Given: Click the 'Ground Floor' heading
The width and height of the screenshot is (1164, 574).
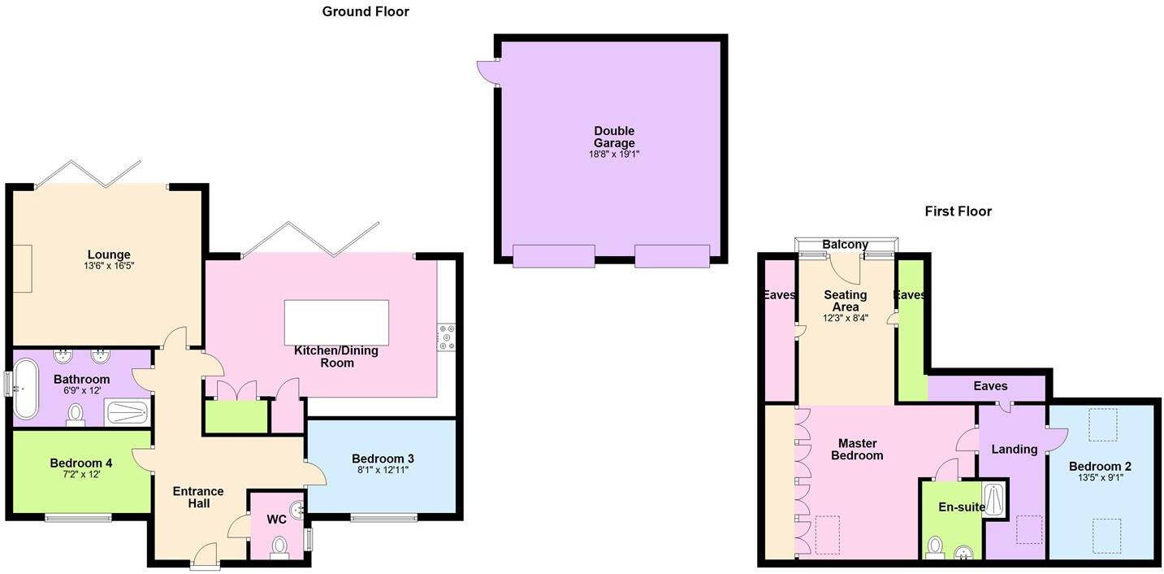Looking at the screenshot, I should coord(366,11).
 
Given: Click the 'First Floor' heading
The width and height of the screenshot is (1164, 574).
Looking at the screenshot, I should coord(958,211).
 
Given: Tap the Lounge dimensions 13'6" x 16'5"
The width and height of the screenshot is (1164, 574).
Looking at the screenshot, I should coord(109,266).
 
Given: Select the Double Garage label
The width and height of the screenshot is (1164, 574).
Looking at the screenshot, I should coord(613,137).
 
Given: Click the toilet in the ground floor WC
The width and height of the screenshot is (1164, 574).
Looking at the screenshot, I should coord(279,546).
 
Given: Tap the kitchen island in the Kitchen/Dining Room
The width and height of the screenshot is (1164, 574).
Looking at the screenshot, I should coord(336,323).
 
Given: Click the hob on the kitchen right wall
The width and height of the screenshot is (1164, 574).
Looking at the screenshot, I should coord(447,337).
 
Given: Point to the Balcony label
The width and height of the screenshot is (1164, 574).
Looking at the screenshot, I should coord(845,245).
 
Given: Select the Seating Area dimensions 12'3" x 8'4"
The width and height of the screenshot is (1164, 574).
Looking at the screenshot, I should coord(845,318).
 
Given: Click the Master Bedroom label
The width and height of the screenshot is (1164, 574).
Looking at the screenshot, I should coord(857,450).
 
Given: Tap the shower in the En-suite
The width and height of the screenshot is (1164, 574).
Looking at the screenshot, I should coord(993,501).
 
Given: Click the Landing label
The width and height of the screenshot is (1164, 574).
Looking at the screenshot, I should coord(1014,449).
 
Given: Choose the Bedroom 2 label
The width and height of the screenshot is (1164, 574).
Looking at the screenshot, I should coord(1100,466).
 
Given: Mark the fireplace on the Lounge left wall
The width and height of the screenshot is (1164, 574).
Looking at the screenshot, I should coord(22,268).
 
